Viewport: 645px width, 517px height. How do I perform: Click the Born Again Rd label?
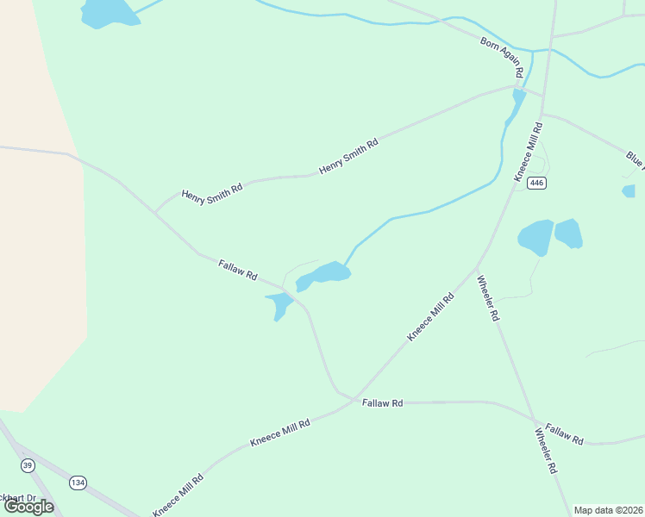point(504,58)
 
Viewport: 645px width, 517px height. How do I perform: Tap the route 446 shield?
point(538,183)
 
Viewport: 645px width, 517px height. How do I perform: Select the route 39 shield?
point(28,465)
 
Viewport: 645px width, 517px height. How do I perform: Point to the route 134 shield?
point(78,482)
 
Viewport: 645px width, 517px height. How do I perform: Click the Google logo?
point(29,507)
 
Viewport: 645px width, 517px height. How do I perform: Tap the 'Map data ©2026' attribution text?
point(608,510)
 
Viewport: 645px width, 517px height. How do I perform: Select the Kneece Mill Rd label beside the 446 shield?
point(529,152)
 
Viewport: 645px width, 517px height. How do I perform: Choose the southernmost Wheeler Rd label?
point(546,451)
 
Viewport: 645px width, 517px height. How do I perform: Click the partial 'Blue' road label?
point(635,159)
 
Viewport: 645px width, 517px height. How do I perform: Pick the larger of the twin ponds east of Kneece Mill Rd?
point(535,237)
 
